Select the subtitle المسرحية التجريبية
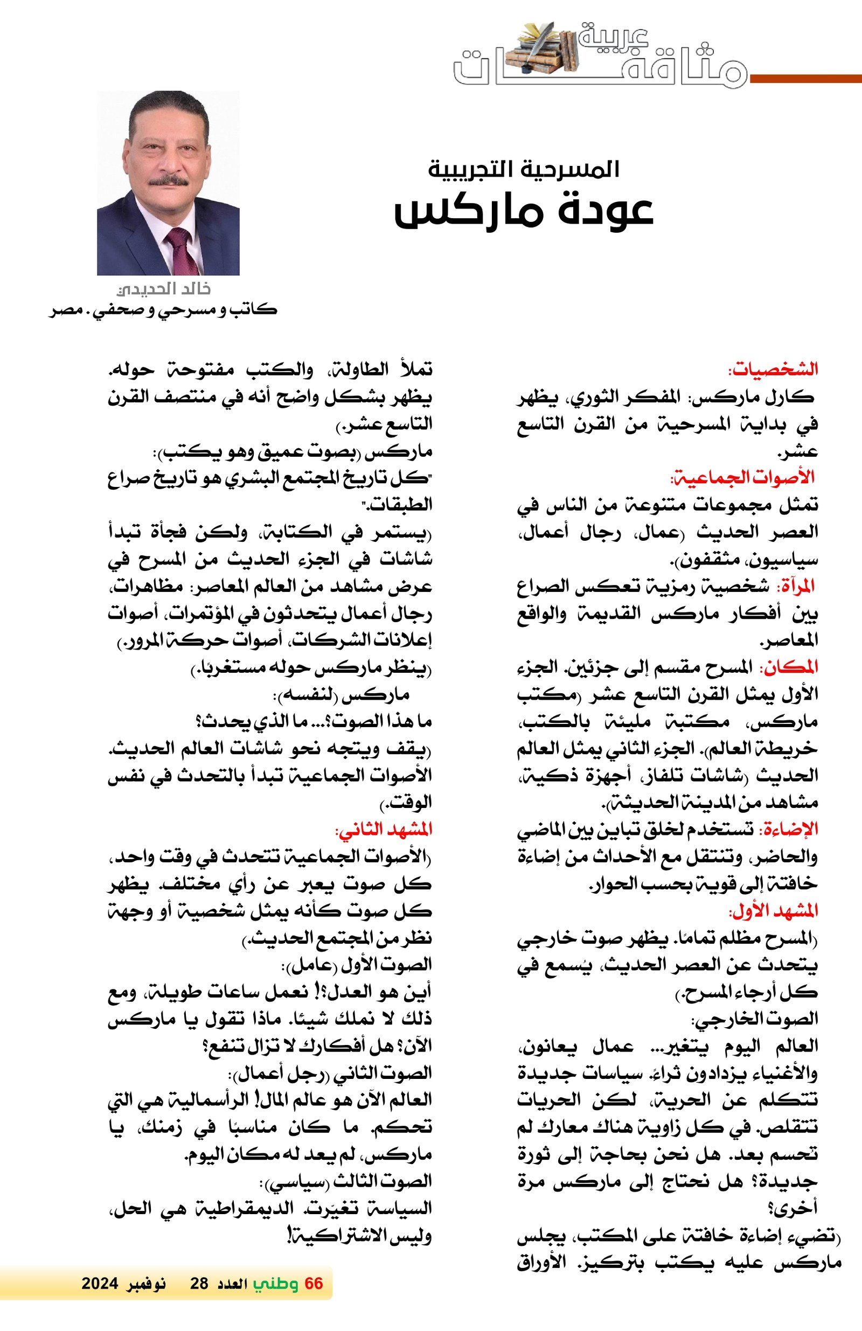point(524,169)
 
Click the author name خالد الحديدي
point(163,289)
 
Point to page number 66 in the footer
point(314,1284)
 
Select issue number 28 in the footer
point(199,1284)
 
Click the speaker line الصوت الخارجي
point(755,1019)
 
